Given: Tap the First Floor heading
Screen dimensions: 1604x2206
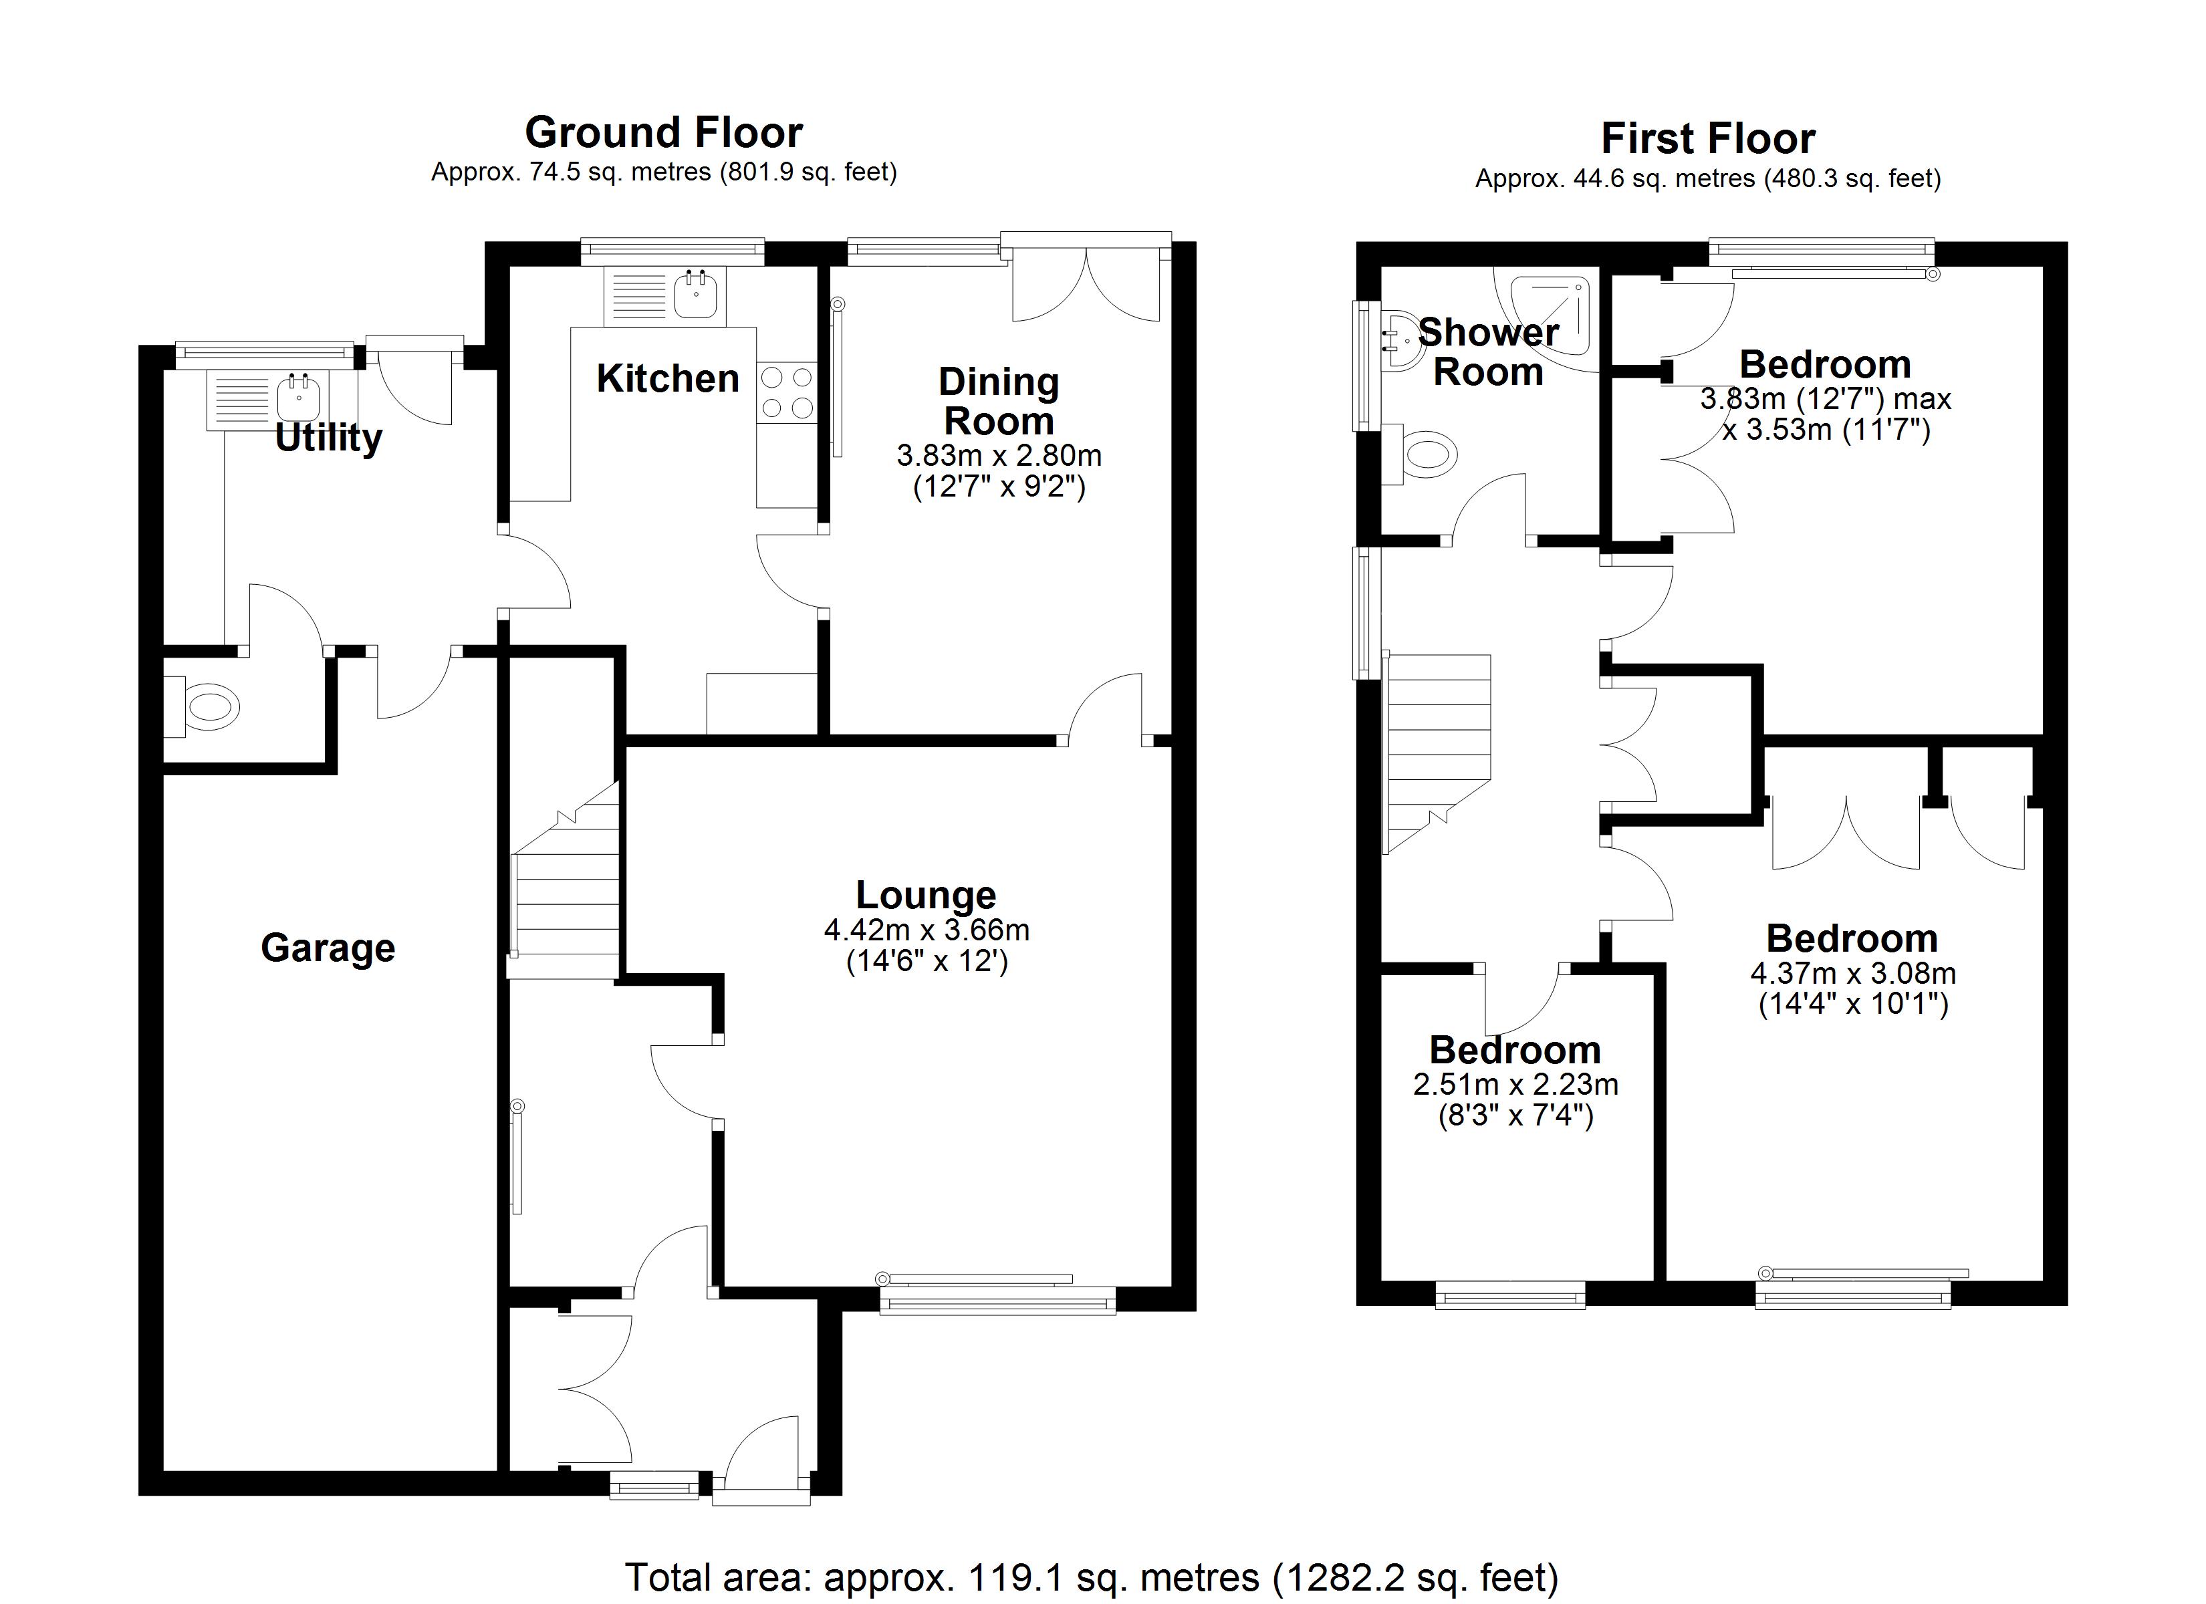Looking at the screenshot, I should coord(1707,139).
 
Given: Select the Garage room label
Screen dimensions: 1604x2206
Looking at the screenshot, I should coord(328,948).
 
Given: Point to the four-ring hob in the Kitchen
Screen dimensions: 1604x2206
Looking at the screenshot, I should coord(787,392).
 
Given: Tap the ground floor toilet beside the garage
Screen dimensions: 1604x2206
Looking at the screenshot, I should coord(209,706).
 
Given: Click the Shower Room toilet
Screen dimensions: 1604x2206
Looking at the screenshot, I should coord(1428,454).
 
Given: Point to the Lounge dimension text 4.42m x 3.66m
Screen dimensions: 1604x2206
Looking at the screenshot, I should coord(926,930).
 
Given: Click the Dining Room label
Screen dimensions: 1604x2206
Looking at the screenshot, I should coord(998,401).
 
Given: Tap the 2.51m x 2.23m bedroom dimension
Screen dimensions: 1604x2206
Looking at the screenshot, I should coord(1515,1083).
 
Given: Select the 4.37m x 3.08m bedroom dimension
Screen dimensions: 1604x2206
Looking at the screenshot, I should coord(1853,972).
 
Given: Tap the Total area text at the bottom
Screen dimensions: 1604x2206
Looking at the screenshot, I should coord(1092,1576).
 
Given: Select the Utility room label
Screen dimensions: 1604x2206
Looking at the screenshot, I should coord(328,438).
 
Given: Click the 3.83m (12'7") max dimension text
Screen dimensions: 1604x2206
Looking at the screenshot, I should coord(1826,399).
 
